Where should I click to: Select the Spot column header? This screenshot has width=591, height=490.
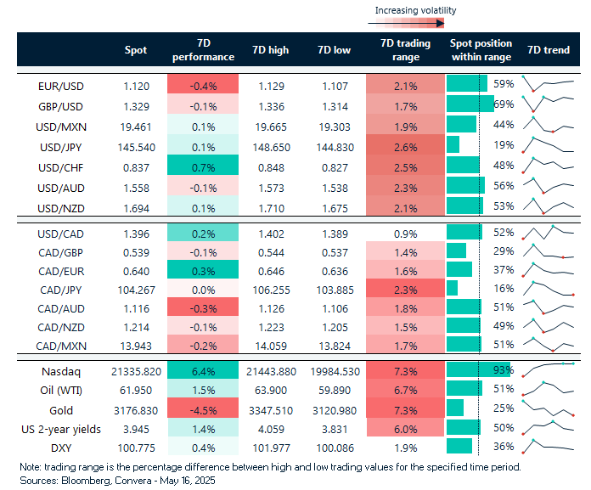pyautogui.click(x=135, y=50)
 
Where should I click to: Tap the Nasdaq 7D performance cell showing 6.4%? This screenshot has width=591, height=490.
pyautogui.click(x=203, y=371)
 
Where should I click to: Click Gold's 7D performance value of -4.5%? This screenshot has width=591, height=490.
pyautogui.click(x=203, y=409)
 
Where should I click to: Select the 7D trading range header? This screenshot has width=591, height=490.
pyautogui.click(x=406, y=50)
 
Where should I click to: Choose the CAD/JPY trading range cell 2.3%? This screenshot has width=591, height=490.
pyautogui.click(x=406, y=289)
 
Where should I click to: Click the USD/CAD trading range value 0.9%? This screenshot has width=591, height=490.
pyautogui.click(x=406, y=232)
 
